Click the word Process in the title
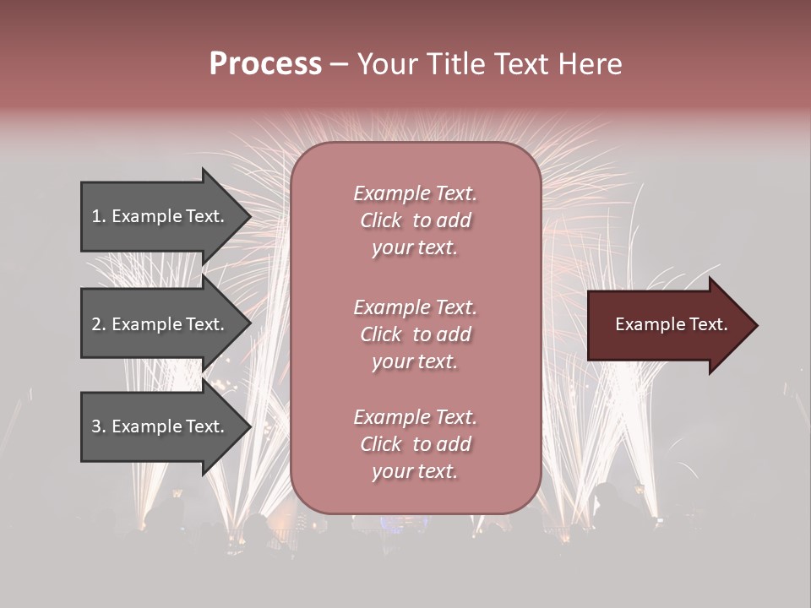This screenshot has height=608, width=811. tap(265, 64)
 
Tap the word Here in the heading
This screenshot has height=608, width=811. tap(589, 64)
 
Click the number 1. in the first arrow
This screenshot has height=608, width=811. tap(99, 216)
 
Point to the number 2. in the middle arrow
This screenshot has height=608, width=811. tap(99, 324)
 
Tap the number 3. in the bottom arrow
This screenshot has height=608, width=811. tap(99, 426)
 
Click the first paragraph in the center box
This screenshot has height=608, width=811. tap(415, 220)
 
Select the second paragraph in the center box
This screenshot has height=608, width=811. tap(415, 334)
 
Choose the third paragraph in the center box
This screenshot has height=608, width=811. tap(415, 444)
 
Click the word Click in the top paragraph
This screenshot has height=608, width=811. tap(381, 220)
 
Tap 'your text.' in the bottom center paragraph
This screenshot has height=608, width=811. tap(415, 471)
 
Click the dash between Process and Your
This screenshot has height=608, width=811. tap(339, 64)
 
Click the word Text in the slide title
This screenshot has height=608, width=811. tap(519, 64)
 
